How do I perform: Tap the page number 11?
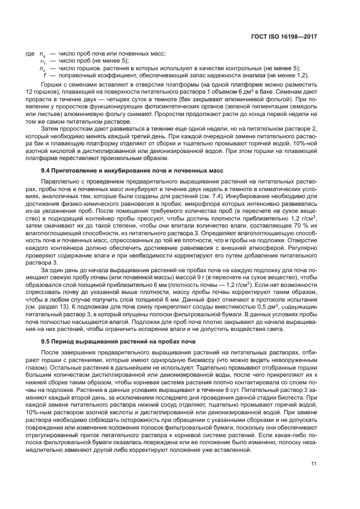pos(314,463)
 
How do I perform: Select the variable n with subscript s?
pos(43,54)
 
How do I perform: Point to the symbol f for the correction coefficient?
pos(44,75)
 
